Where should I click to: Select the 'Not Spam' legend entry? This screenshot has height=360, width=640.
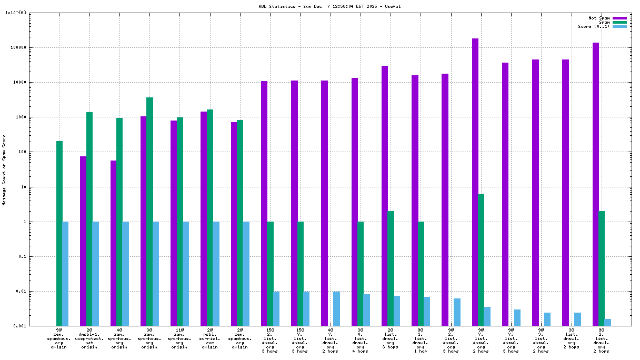[x=599, y=18]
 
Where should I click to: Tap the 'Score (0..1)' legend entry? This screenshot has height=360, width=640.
[x=594, y=26]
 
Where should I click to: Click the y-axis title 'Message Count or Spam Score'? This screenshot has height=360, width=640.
[x=4, y=169]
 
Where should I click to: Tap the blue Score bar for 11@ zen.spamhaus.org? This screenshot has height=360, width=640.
[x=186, y=274]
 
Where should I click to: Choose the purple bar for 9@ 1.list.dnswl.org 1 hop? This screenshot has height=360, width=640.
[x=415, y=201]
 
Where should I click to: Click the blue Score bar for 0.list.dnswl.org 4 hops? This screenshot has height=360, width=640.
[x=367, y=310]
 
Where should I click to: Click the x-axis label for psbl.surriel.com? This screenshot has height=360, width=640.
[x=210, y=340]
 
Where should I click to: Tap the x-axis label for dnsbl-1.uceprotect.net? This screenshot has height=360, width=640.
[x=89, y=340]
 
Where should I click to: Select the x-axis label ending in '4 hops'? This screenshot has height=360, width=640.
[x=361, y=342]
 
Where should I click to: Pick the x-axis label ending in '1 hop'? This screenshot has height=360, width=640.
[x=421, y=342]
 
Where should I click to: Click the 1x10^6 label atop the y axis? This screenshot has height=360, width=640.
[x=15, y=13]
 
